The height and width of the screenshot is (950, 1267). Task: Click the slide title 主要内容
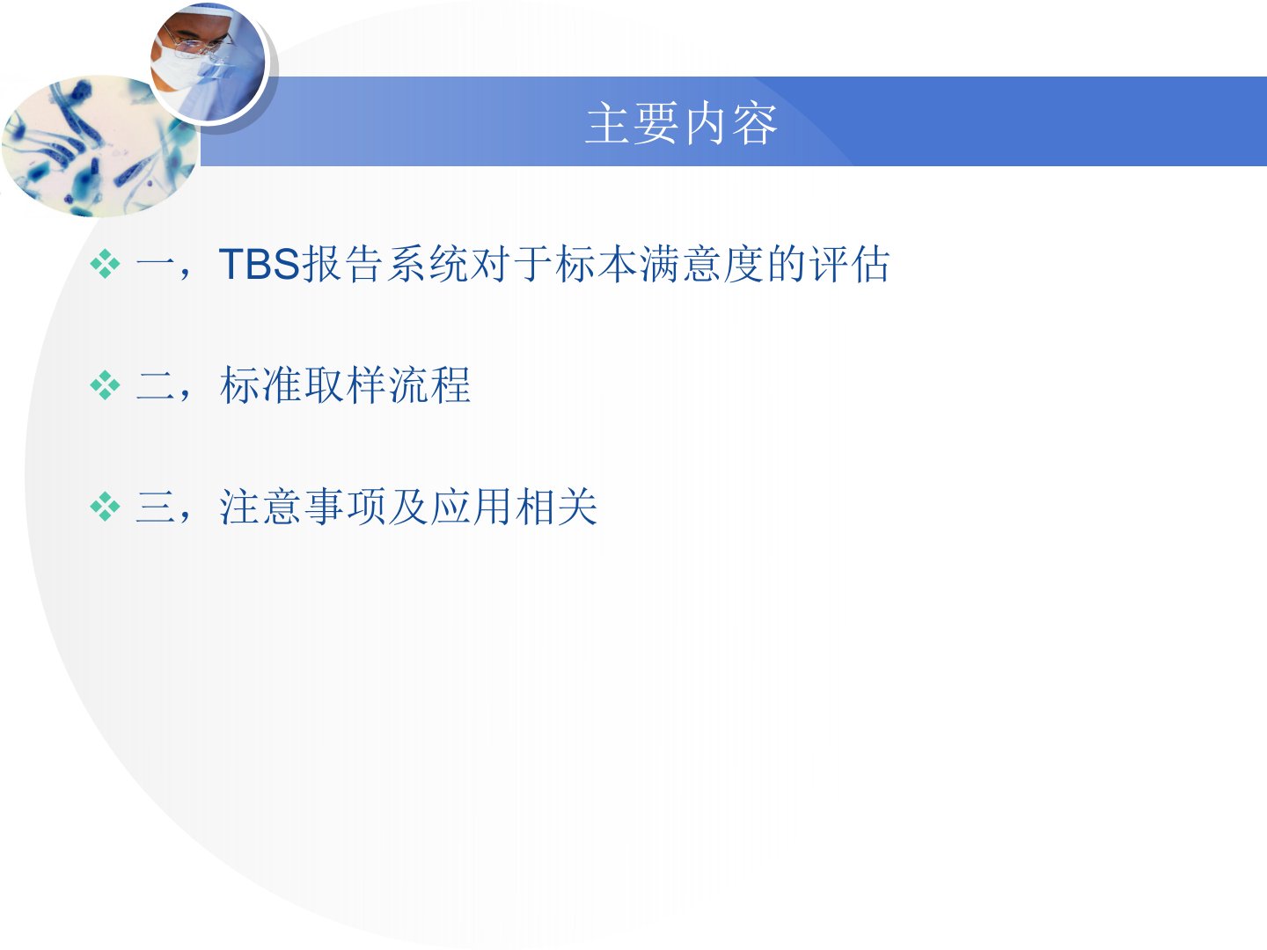[682, 123]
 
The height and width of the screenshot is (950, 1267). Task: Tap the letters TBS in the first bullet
[260, 264]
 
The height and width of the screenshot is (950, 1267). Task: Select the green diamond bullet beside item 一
[105, 264]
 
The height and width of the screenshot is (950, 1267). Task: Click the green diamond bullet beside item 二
[105, 384]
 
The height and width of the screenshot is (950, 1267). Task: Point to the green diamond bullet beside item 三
[105, 507]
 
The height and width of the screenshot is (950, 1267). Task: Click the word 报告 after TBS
[342, 264]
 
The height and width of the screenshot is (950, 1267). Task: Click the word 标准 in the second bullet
[260, 384]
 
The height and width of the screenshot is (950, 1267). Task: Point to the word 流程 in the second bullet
[428, 384]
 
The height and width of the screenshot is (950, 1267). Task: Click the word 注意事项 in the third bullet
[303, 507]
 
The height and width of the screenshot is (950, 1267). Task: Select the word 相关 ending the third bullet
[555, 507]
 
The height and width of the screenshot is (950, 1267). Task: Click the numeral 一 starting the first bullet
[155, 266]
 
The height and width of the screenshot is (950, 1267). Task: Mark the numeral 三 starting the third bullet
[155, 507]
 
